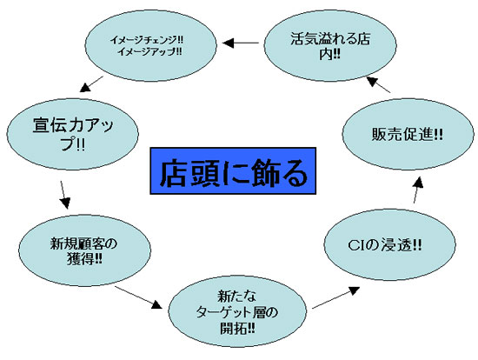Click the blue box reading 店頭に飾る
point(233,170)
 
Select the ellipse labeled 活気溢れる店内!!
point(330,46)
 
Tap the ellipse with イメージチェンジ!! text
point(150,46)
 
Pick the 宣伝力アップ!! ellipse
point(72,134)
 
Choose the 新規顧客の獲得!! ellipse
point(85,250)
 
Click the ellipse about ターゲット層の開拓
point(237,311)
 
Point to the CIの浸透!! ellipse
point(389,244)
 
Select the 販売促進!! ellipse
point(408,134)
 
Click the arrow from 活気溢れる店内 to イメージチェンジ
point(241,43)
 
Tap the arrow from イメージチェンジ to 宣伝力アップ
point(91,83)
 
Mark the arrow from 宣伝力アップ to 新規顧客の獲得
point(64,195)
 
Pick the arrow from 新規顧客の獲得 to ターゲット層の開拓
point(138,297)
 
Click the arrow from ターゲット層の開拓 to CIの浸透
point(336,297)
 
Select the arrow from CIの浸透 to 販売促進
point(418,190)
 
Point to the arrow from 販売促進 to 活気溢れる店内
point(378,84)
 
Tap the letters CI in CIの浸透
point(356,245)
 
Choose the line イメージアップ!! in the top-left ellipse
point(149,52)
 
